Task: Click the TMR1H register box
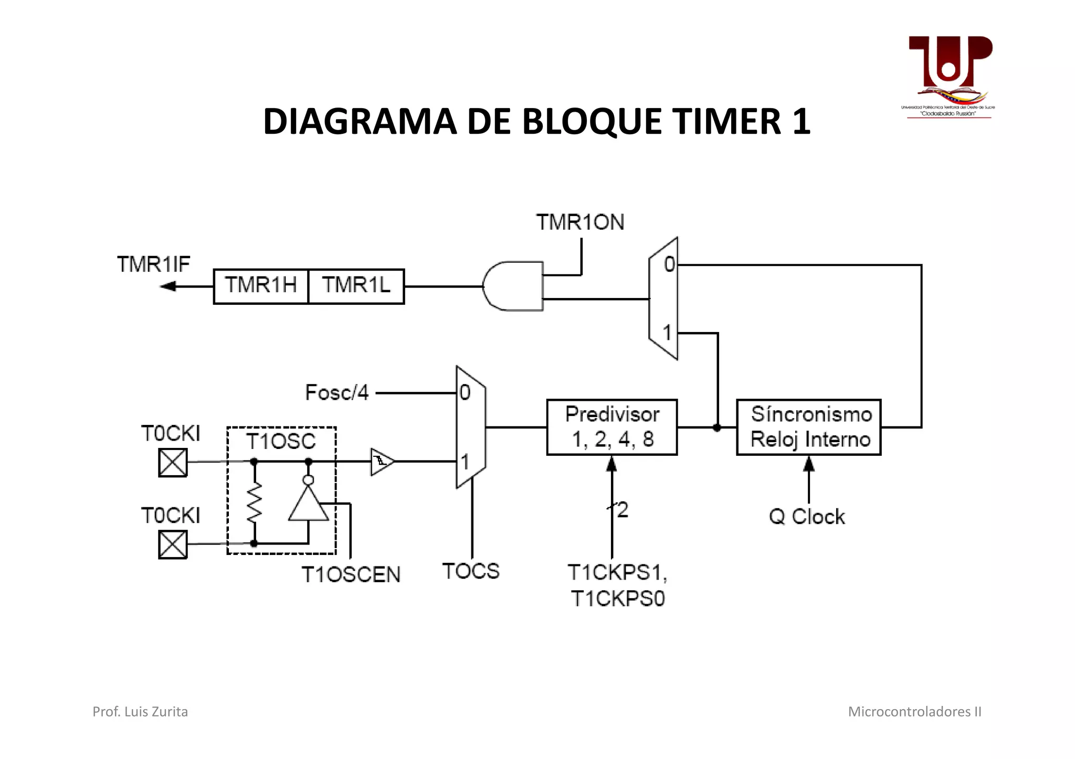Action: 260,286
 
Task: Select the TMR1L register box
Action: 356,286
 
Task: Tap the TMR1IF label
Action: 153,264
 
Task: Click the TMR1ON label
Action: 580,222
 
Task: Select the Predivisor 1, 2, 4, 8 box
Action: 612,427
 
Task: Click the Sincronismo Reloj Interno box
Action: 809,427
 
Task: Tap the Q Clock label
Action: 807,517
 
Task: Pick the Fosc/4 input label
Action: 337,392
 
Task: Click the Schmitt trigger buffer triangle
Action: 382,462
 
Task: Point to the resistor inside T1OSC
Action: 254,502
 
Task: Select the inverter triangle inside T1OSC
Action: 309,505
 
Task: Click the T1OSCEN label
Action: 351,575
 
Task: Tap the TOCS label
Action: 471,571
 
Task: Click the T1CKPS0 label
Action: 618,598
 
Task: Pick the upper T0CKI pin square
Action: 173,463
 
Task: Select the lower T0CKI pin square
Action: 173,544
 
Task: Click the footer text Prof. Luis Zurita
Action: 140,712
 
